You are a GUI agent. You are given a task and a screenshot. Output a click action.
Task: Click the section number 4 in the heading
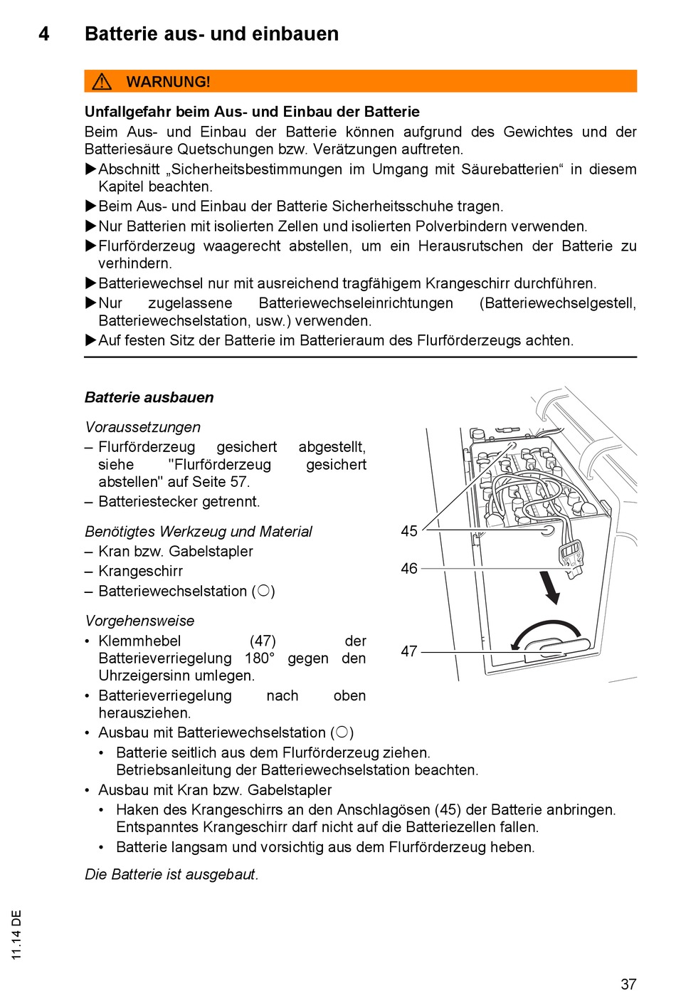pos(44,34)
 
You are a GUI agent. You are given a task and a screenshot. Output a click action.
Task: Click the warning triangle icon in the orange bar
pos(102,82)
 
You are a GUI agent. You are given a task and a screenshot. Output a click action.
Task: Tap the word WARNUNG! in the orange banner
pos(168,82)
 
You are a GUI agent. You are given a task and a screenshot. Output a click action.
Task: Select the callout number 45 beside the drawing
pos(409,531)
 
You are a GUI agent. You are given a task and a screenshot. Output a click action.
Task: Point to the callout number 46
pos(409,569)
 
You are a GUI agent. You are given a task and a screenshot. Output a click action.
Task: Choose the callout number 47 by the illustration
pos(409,651)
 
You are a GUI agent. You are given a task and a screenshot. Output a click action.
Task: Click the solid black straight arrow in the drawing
pos(550,587)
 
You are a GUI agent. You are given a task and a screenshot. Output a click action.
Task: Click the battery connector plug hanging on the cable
pos(571,556)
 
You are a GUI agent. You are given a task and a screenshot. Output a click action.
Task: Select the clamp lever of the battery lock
pos(559,648)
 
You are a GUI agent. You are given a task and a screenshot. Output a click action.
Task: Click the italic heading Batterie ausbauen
pos(149,398)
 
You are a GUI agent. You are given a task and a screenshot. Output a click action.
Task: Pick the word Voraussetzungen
pos(142,427)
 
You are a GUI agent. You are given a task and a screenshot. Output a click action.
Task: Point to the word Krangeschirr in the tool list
pos(140,572)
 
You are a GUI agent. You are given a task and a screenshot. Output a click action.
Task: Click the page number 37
pos(628,984)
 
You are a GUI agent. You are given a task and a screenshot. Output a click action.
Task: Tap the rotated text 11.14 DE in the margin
pos(17,935)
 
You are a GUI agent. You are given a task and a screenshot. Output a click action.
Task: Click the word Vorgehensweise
pos(139,621)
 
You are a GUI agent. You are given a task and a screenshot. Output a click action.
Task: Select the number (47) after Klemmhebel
pos(263,641)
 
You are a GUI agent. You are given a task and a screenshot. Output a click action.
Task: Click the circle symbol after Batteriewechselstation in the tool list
pos(263,591)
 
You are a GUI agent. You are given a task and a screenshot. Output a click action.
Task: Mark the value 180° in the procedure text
pos(260,658)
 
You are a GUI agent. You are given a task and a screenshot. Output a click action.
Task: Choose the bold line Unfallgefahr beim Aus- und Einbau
pos(252,112)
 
